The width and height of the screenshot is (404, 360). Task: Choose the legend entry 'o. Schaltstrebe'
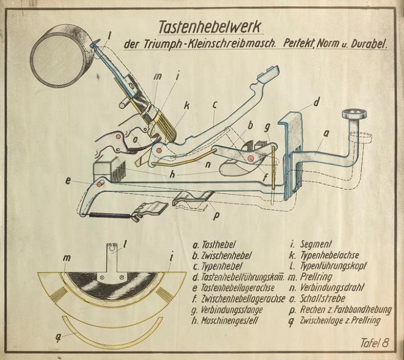319,298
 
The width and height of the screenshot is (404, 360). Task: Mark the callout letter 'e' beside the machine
68,181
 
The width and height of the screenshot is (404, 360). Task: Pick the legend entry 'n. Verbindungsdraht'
328,287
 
